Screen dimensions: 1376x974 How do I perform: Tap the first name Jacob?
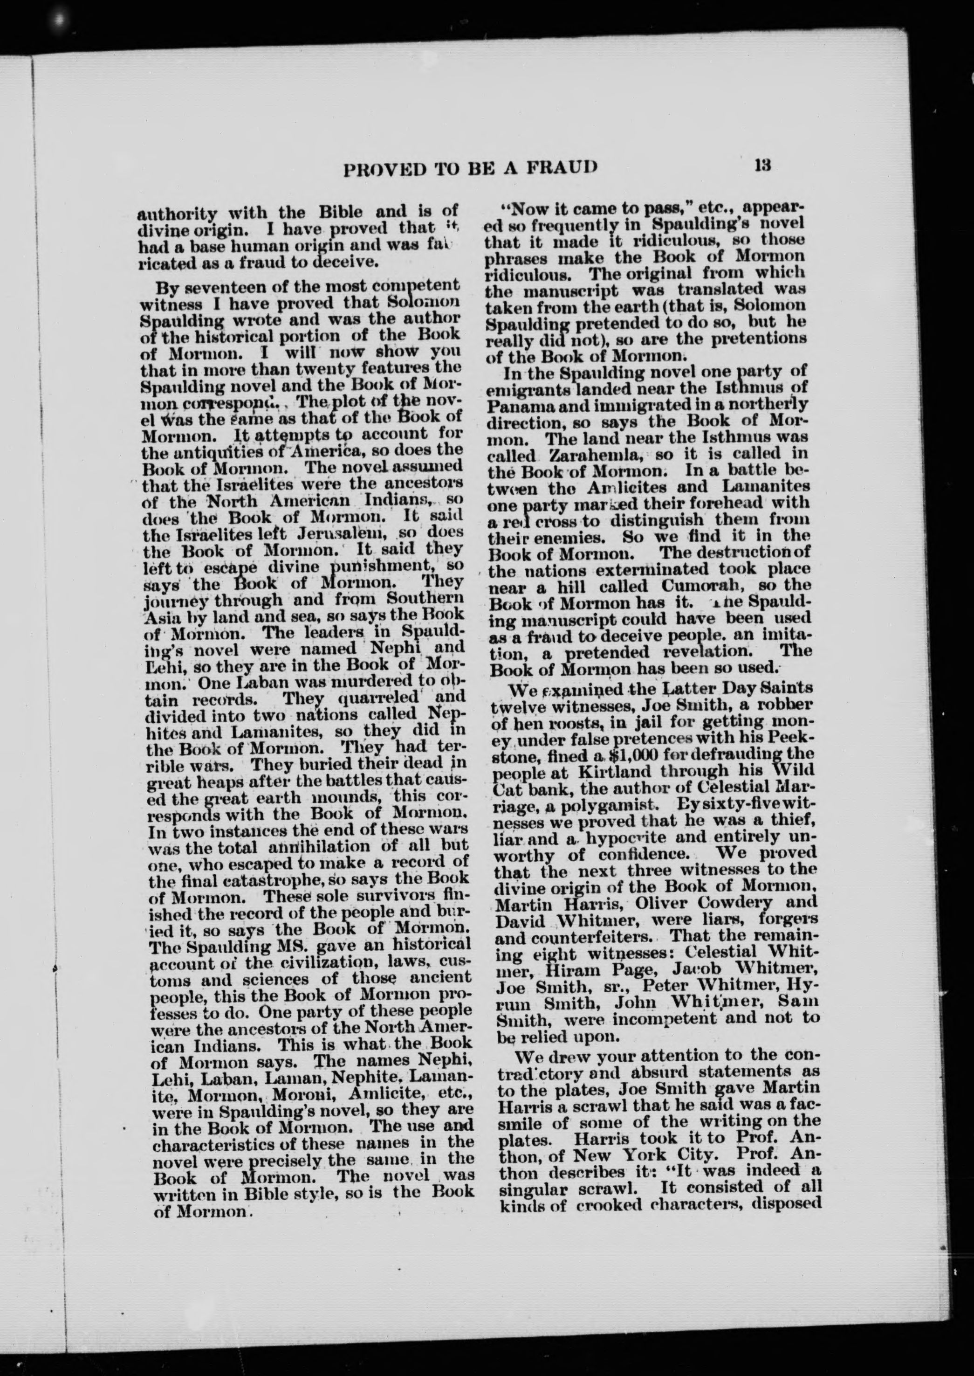[652, 968]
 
